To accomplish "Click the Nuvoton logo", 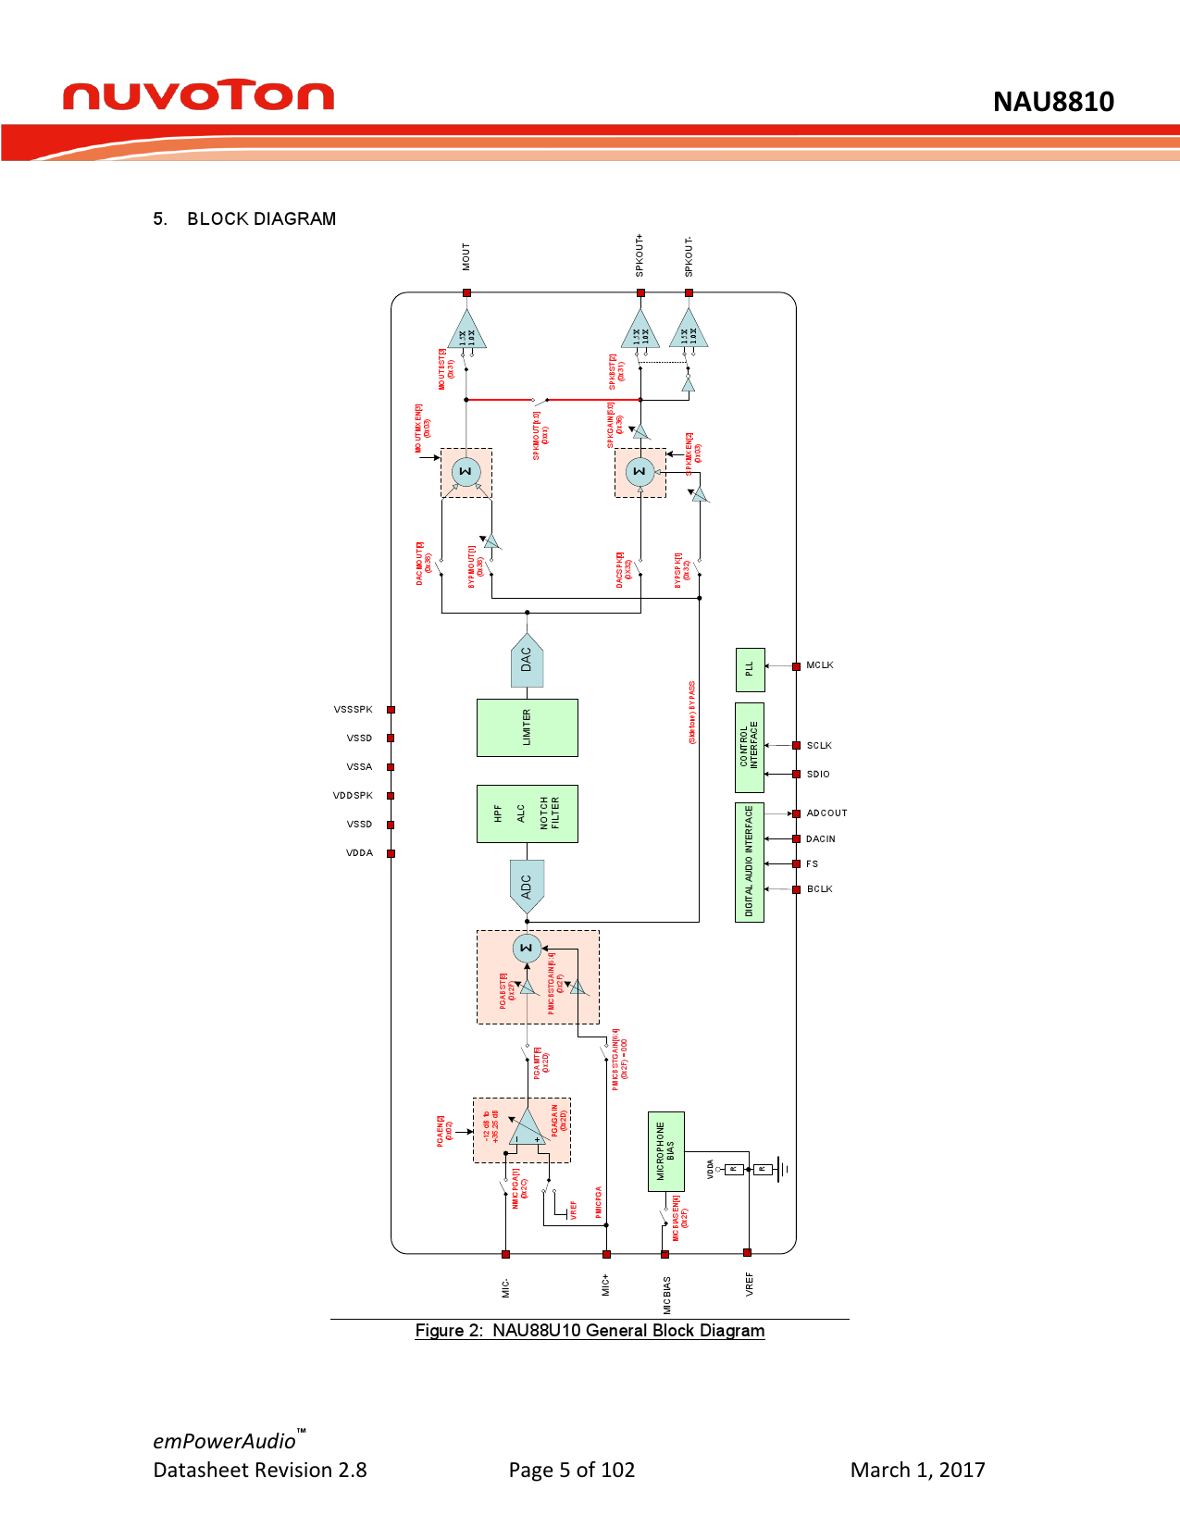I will tap(198, 95).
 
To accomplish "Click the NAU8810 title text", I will tap(1053, 102).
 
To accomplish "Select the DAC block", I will tap(527, 661).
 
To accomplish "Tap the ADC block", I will tap(527, 886).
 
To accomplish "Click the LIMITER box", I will tap(527, 728).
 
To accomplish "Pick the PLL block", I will tap(750, 670).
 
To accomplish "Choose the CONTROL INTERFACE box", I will tap(750, 748).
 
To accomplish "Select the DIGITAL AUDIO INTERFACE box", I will tap(750, 863).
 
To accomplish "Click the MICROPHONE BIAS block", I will tap(665, 1151).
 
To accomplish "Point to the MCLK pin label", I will tap(820, 665).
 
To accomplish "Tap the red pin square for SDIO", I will tap(796, 774).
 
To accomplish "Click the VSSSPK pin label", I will tap(354, 710).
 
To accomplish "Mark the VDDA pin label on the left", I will tap(359, 853).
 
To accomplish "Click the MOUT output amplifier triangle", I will tap(466, 332).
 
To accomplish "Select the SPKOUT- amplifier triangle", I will tap(689, 332).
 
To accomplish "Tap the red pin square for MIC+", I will tap(606, 1254).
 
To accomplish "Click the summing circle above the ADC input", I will tap(527, 948).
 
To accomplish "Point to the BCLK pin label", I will tap(820, 889).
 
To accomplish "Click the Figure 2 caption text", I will tap(590, 1331).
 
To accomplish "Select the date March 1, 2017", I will tap(917, 1470).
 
